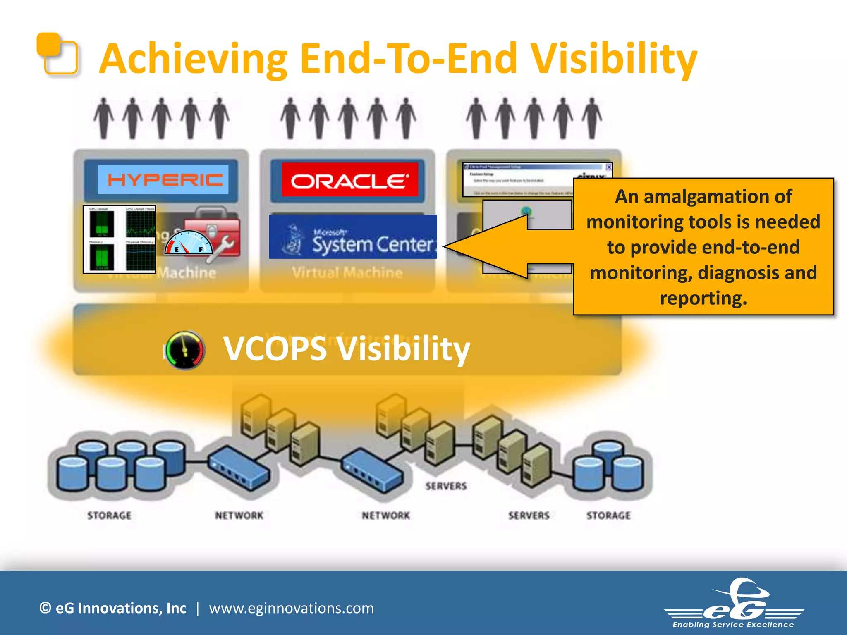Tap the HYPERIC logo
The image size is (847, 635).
coord(164,180)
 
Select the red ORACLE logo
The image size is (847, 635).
coord(349,180)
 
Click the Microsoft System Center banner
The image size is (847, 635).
coord(353,237)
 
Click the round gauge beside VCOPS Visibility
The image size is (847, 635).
coord(185,350)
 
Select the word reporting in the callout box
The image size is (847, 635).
coord(703,298)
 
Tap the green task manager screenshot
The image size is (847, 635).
coord(120,239)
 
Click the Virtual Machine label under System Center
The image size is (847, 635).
coord(347,272)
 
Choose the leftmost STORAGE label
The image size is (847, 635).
coord(109,516)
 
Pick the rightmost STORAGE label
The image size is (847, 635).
coord(608,516)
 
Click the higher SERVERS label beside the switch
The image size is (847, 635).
coord(446,486)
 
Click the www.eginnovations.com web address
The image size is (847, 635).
coord(291,608)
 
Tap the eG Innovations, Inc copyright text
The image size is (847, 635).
coord(112,608)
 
